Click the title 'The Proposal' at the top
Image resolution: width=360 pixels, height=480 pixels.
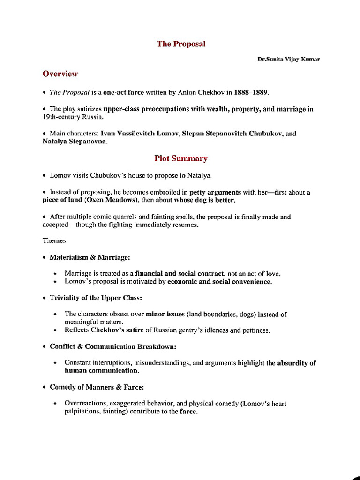point(181,44)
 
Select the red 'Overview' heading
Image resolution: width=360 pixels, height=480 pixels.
point(60,74)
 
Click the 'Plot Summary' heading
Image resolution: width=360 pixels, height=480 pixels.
point(181,158)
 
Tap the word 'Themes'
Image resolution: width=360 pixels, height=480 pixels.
point(54,240)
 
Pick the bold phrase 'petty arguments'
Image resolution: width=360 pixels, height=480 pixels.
point(215,192)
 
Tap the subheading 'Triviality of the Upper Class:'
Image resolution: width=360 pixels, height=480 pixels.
point(96,298)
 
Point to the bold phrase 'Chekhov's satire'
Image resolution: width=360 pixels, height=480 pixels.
point(117,330)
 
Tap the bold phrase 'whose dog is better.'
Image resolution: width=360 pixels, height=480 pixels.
point(205,200)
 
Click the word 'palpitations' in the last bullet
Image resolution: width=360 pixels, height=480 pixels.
point(82,412)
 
